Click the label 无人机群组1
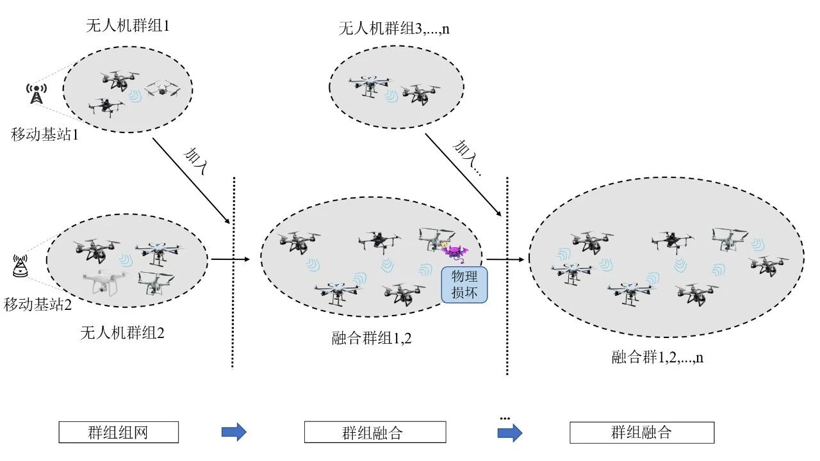127,26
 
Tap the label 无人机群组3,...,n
394,29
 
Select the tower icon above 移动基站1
37,93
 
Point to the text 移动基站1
44,134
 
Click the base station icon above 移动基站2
20,266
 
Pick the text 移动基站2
38,304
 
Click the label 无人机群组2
122,332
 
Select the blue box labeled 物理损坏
464,285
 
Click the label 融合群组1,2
372,337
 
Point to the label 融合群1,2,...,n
657,357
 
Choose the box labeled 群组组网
119,432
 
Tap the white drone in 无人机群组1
163,88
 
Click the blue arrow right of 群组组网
234,432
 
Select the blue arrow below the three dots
510,433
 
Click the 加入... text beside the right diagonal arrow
467,158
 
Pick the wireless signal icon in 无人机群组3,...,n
391,96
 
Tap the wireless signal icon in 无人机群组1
135,97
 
